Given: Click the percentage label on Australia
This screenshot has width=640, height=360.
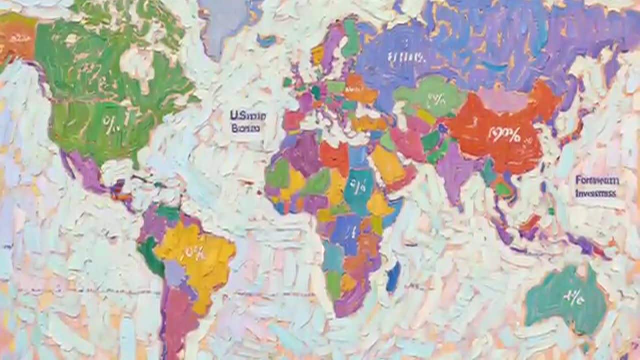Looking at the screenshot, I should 573,298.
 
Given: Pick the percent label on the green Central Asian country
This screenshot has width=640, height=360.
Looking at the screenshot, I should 435,99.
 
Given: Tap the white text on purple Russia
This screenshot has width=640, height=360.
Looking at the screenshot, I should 406,57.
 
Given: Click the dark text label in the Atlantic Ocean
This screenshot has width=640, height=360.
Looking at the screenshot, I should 247,121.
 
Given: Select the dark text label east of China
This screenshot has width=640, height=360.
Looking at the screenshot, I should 597,186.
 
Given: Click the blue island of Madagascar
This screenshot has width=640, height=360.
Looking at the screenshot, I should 393,276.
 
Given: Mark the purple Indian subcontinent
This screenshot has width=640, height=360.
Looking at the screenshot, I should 456,170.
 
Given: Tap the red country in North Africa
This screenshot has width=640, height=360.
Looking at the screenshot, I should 333,156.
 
